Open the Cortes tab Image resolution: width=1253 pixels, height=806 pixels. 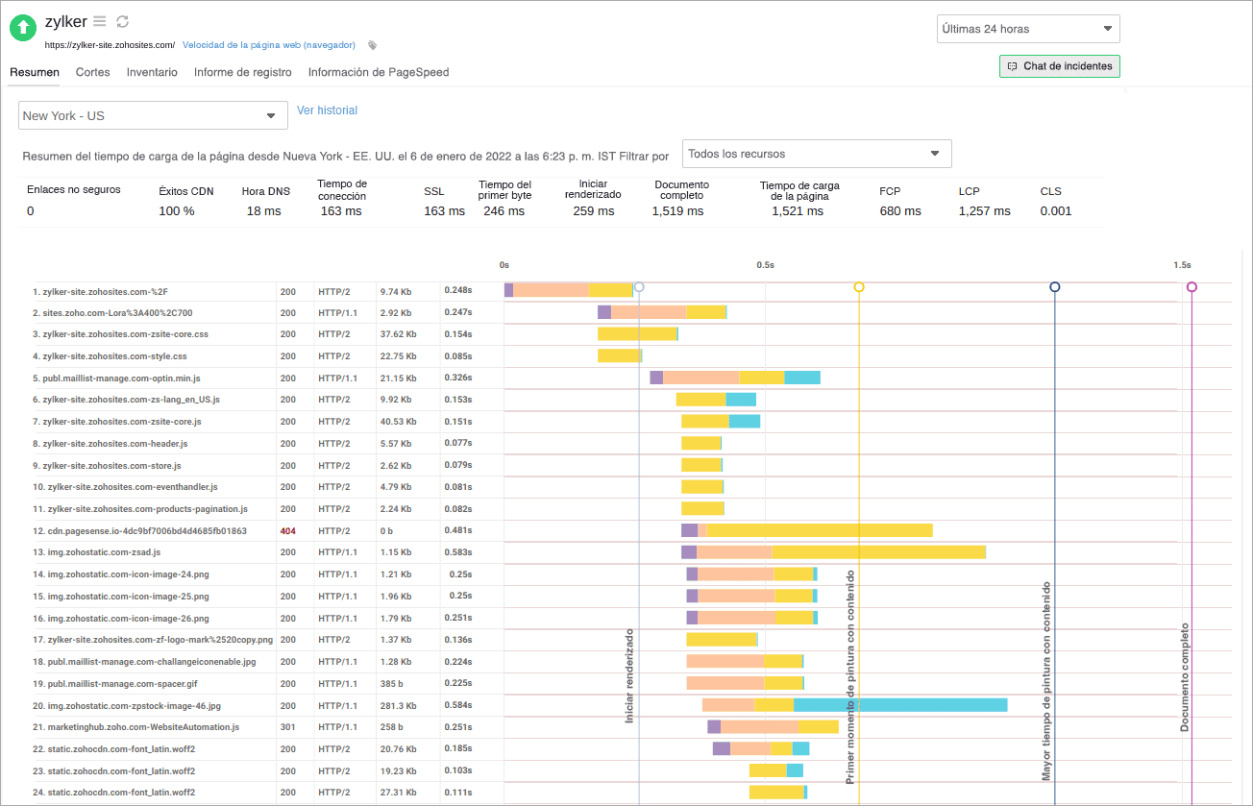tap(92, 72)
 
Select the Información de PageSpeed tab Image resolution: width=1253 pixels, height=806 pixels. tap(378, 72)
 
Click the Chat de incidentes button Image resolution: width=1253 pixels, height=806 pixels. tap(1059, 66)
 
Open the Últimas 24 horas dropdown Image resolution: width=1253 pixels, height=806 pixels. tap(1027, 29)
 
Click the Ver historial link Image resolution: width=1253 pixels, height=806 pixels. tap(327, 110)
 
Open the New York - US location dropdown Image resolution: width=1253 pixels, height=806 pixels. tap(153, 115)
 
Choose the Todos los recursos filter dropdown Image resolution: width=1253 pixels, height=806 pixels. tap(816, 154)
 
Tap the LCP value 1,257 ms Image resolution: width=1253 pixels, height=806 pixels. tap(984, 211)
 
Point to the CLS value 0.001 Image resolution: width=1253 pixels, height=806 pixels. tap(1055, 211)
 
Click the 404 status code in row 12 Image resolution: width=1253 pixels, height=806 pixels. tap(287, 530)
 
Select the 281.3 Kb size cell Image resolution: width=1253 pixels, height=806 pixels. tap(396, 705)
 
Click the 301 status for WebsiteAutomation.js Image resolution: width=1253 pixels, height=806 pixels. tap(287, 727)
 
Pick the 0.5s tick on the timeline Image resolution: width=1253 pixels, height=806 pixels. tap(765, 264)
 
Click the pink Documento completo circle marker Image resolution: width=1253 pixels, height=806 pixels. tap(1192, 287)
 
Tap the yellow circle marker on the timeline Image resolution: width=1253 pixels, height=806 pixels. tap(859, 287)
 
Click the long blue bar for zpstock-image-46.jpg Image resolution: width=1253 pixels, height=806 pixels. tap(899, 705)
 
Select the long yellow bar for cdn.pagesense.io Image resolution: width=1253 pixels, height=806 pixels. tap(819, 530)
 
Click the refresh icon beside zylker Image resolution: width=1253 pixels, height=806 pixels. tap(122, 21)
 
